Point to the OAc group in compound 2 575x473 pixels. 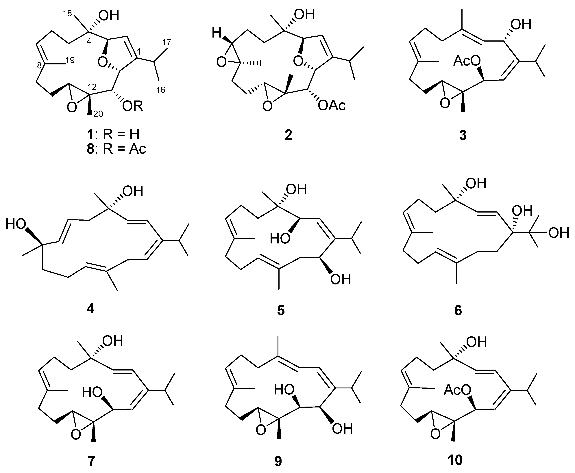(x=332, y=105)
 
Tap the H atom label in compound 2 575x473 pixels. (x=217, y=34)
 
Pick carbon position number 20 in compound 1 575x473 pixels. (x=98, y=114)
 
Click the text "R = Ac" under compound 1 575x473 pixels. (x=124, y=149)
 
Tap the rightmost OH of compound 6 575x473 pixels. (x=559, y=233)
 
